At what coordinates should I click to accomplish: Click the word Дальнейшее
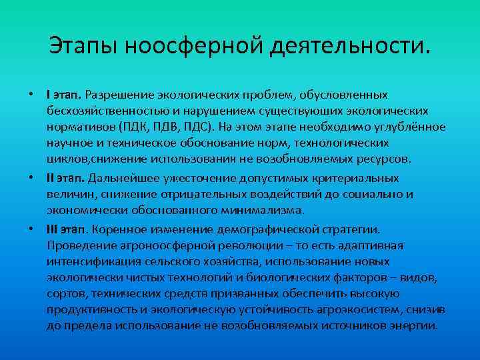click(x=122, y=178)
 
